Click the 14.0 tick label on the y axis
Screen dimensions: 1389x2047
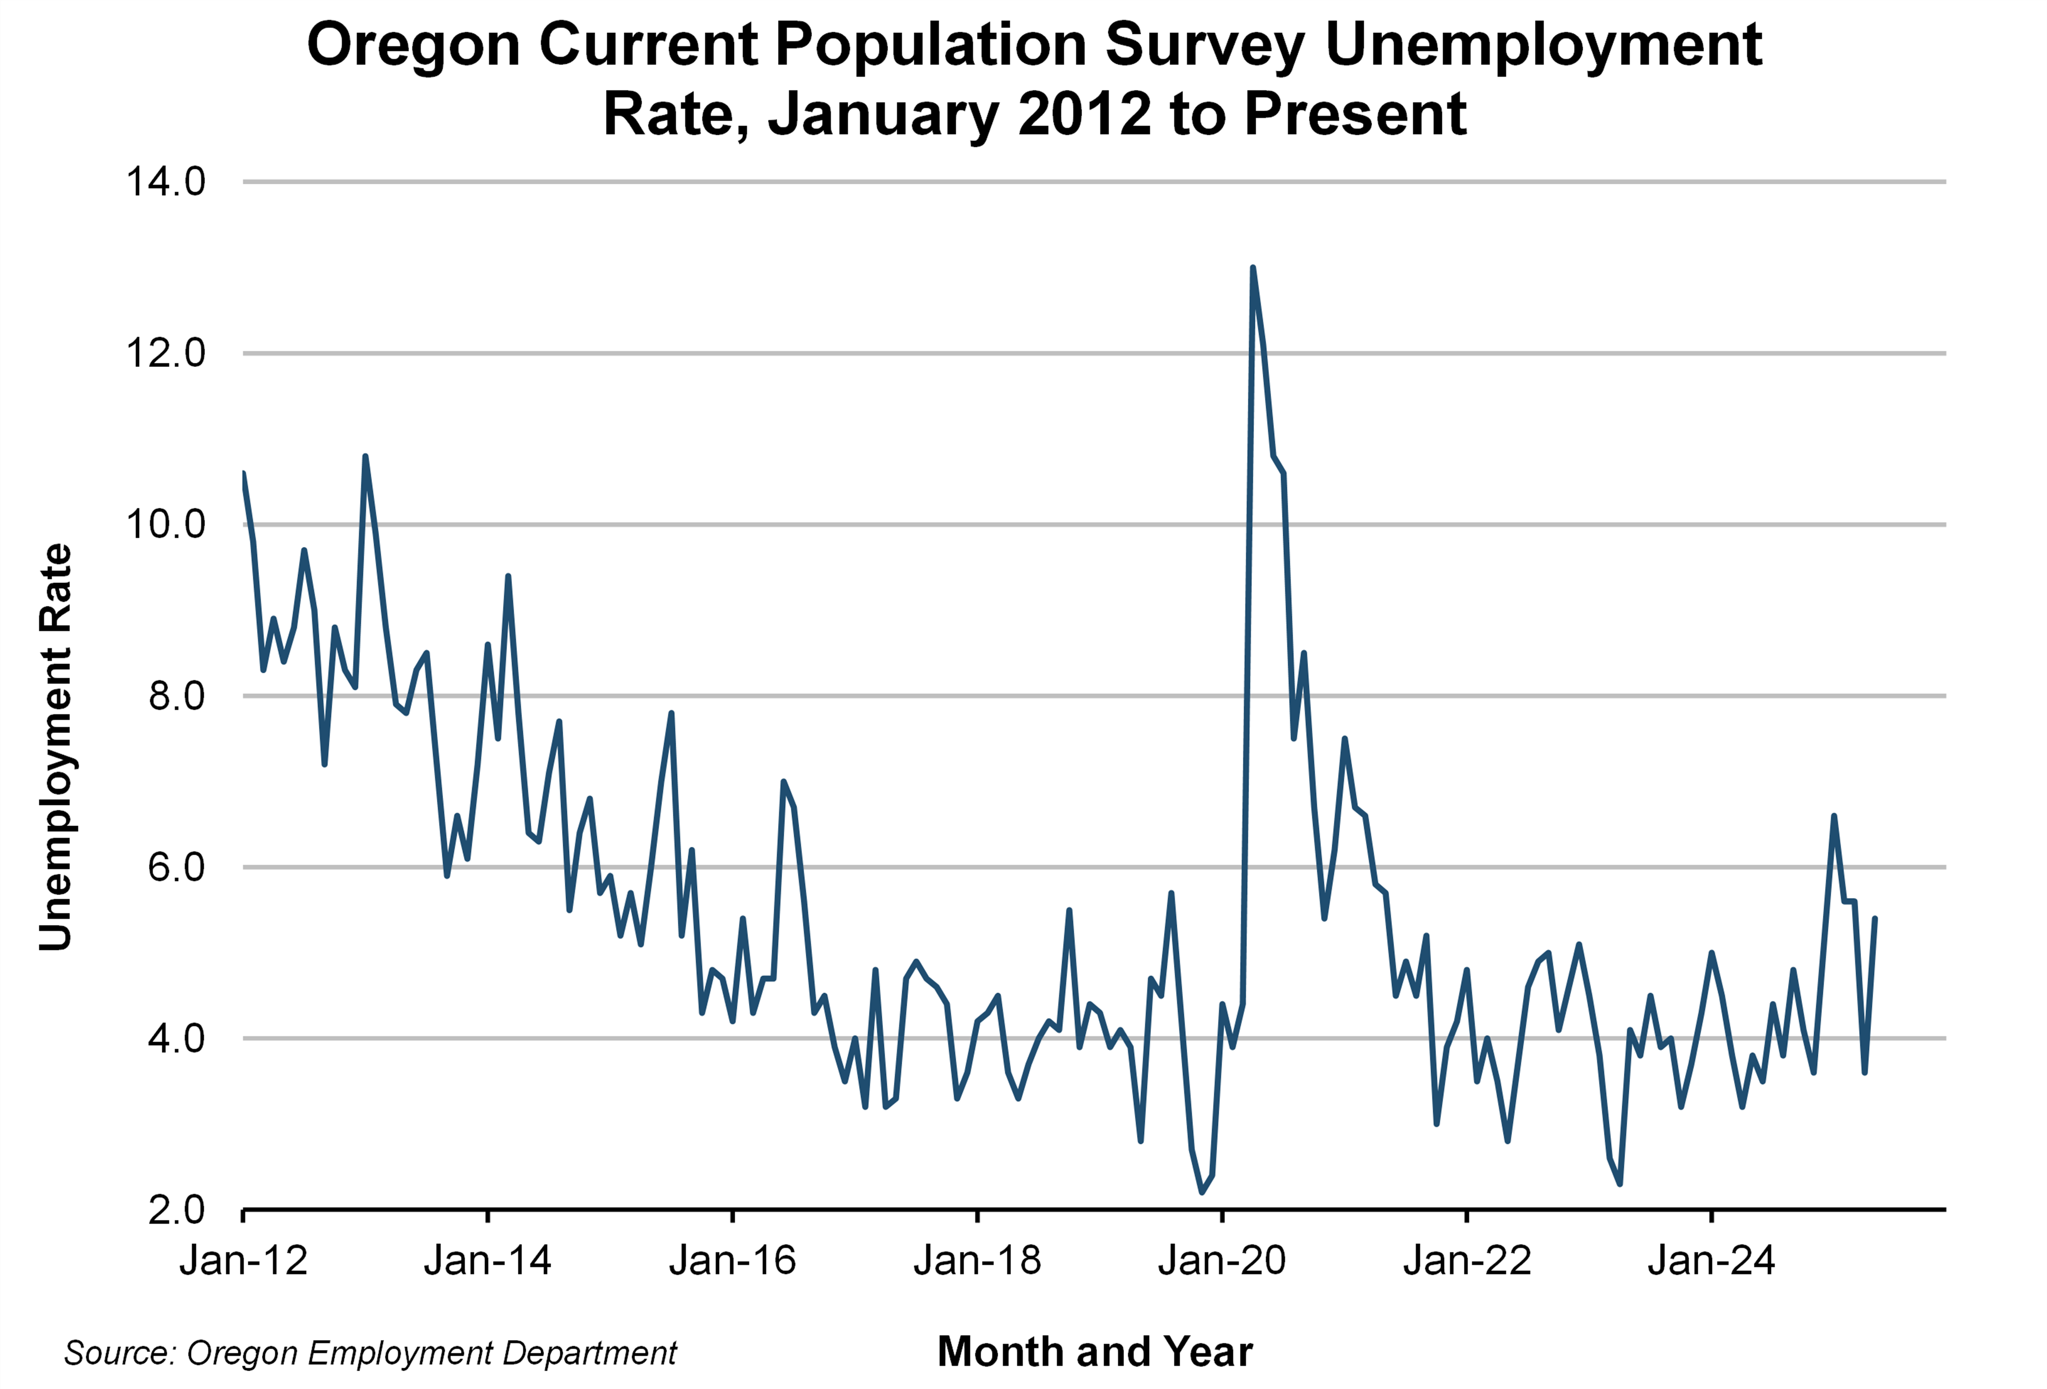pyautogui.click(x=165, y=182)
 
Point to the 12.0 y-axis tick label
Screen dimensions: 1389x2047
pyautogui.click(x=165, y=353)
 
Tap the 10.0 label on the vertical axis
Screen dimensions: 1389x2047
pyautogui.click(x=165, y=525)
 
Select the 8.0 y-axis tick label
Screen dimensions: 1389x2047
pyautogui.click(x=176, y=696)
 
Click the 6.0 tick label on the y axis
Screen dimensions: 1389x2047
pyautogui.click(x=176, y=868)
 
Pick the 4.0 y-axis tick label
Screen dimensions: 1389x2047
pyautogui.click(x=176, y=1038)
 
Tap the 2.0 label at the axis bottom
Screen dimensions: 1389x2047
pyautogui.click(x=176, y=1210)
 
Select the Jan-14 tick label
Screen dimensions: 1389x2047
pyautogui.click(x=488, y=1261)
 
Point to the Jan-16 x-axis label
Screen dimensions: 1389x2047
pyautogui.click(x=733, y=1261)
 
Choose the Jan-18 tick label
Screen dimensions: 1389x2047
pyautogui.click(x=978, y=1261)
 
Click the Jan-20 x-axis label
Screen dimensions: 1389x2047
pyautogui.click(x=1223, y=1261)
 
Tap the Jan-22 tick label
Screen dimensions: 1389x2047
pyautogui.click(x=1468, y=1261)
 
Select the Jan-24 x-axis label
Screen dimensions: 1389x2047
pyautogui.click(x=1711, y=1261)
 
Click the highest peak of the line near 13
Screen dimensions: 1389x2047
pyautogui.click(x=1253, y=268)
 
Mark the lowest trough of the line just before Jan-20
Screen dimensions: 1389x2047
pyautogui.click(x=1202, y=1192)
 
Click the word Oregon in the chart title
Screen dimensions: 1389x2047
pyautogui.click(x=413, y=44)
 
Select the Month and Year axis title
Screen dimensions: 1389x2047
pyautogui.click(x=1095, y=1352)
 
